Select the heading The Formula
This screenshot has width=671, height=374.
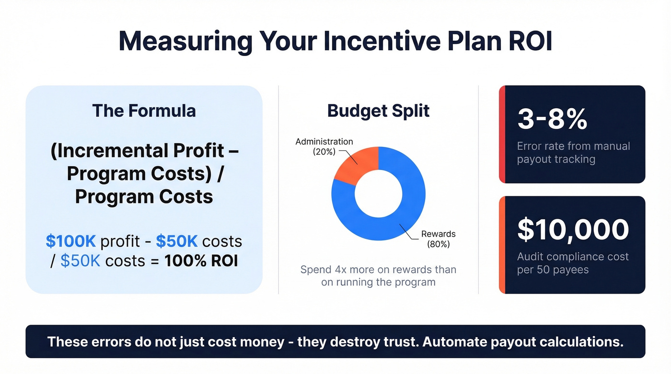144,111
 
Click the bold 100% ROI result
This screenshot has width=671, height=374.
201,261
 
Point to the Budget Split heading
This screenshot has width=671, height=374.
378,111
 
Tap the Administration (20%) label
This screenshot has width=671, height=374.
324,147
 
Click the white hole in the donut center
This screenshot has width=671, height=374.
378,194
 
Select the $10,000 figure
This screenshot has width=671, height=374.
573,229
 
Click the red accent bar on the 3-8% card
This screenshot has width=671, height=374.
502,134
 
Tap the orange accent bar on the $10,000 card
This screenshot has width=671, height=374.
502,245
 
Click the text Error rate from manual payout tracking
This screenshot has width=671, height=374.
573,153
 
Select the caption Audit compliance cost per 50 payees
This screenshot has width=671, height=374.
572,263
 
